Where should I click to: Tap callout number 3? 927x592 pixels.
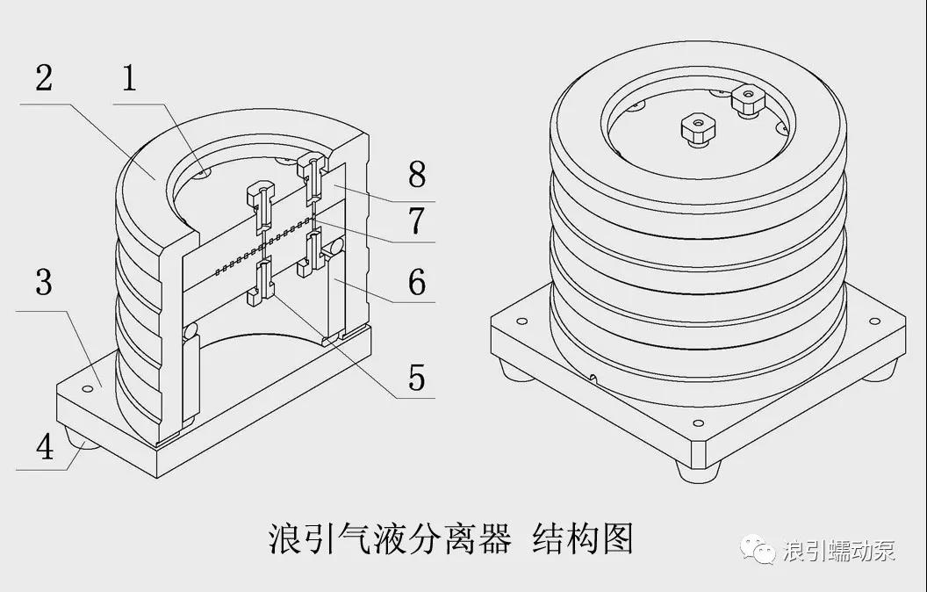click(43, 284)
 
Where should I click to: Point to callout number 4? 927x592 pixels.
click(43, 447)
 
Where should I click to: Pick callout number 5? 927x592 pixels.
click(416, 378)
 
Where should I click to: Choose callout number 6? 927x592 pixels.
click(416, 283)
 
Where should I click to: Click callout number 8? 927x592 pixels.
click(416, 175)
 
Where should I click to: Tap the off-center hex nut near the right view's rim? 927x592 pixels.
click(749, 101)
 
